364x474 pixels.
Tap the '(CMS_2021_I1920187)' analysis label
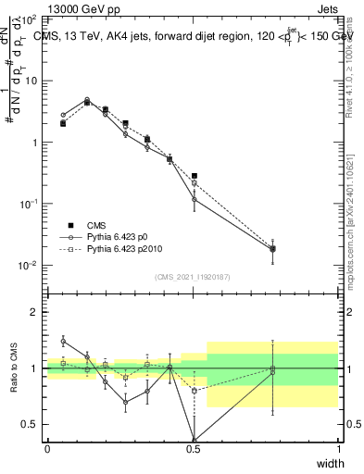(193, 276)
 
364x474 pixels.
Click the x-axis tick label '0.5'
(193, 449)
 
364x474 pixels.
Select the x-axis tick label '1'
(338, 449)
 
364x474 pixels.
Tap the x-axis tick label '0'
(47, 449)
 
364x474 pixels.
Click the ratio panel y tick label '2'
(35, 312)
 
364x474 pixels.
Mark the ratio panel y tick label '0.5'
(30, 424)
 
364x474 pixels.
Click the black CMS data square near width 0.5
(194, 176)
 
